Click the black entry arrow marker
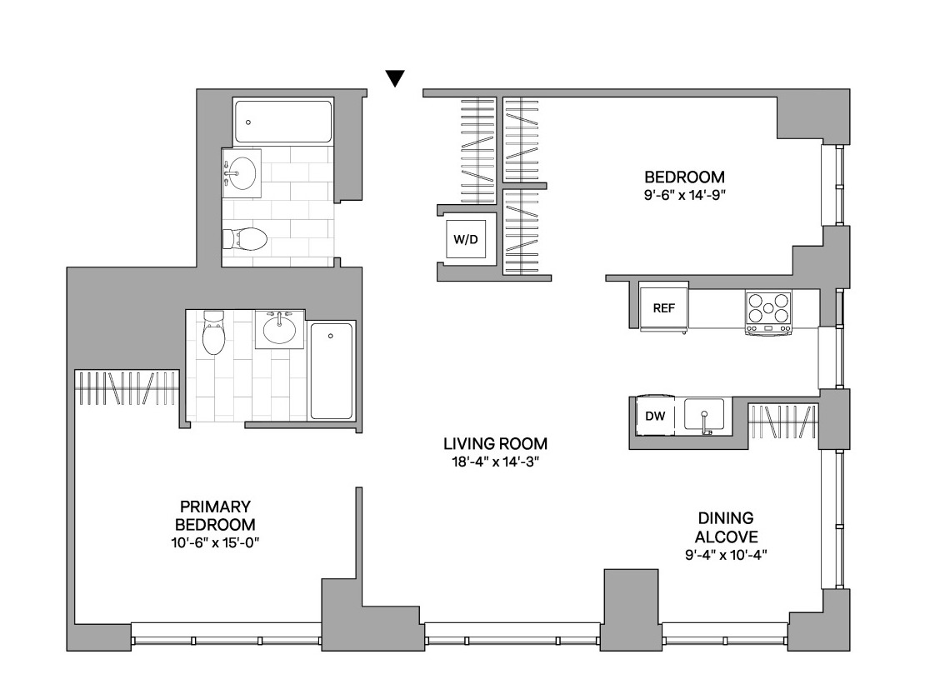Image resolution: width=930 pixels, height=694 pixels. (x=395, y=78)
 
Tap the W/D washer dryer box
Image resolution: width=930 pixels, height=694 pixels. (x=466, y=240)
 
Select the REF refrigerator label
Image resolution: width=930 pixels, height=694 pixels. (x=663, y=308)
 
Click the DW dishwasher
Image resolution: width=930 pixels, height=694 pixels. (x=655, y=416)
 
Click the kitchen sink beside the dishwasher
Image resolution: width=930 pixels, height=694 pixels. (x=704, y=414)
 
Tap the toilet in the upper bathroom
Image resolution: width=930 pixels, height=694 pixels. (x=244, y=239)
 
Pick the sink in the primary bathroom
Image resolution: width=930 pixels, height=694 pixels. (x=280, y=329)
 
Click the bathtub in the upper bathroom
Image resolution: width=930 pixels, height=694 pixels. (x=282, y=122)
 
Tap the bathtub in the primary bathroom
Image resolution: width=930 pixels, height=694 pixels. (x=331, y=372)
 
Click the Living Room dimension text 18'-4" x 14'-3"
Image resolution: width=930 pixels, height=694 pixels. (x=495, y=462)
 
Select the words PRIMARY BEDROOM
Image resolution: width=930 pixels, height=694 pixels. (x=215, y=516)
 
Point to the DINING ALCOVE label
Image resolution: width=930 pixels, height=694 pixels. (x=727, y=527)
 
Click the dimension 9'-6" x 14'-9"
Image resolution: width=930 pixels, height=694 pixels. (x=685, y=195)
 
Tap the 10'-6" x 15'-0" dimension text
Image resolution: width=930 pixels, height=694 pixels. (x=215, y=542)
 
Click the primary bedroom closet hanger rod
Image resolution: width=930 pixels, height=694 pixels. (x=127, y=388)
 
